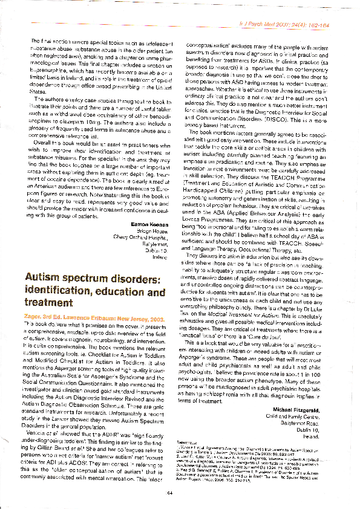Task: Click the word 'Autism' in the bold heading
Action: pyautogui.click(x=45, y=277)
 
